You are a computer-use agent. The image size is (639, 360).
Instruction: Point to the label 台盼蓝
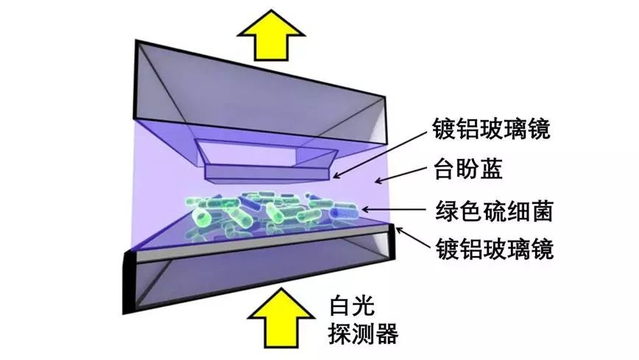(460, 172)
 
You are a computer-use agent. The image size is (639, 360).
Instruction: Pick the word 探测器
(361, 336)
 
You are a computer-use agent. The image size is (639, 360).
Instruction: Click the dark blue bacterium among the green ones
(344, 213)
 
